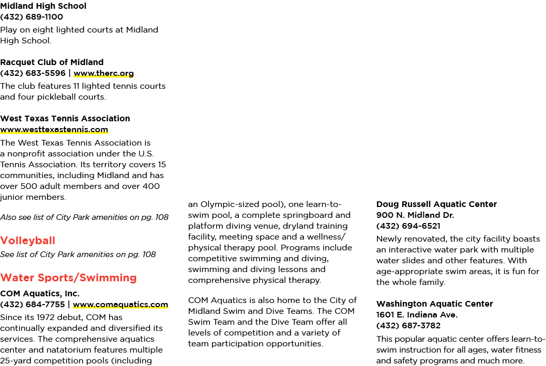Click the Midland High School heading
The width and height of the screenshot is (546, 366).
coord(43,6)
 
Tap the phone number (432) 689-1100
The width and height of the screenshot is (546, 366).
coord(32,17)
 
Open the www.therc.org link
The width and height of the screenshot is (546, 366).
coord(104,73)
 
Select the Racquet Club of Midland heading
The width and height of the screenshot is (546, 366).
coord(52,62)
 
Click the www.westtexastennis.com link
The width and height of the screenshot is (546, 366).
coord(54,130)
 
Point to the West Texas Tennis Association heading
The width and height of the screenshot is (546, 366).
coord(65,119)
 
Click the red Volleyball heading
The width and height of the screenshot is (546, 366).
coord(27,241)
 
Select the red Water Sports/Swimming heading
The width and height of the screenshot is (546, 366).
coord(68,278)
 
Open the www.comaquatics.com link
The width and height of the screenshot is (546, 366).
coord(120,305)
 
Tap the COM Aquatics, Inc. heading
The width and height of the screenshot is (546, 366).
coord(40,294)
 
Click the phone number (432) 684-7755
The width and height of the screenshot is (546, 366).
coord(33,305)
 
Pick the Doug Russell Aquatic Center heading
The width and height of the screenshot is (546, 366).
coord(436,204)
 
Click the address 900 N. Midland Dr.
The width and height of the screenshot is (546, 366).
coord(415,215)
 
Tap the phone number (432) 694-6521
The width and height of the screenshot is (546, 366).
coord(408,226)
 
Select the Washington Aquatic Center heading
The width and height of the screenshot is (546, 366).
coord(434,304)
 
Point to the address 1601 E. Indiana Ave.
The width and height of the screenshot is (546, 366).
coord(417,315)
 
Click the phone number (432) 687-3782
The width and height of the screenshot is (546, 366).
coord(408,326)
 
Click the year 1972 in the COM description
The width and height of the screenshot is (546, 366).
coord(45,317)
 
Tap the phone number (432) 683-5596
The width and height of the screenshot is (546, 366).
coord(33,73)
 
